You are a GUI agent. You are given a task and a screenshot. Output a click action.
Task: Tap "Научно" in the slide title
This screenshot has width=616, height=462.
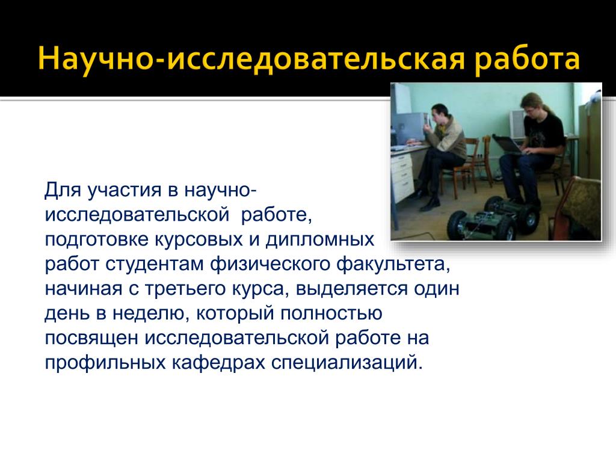point(95,60)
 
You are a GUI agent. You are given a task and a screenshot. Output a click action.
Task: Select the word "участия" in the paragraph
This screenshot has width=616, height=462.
point(125,191)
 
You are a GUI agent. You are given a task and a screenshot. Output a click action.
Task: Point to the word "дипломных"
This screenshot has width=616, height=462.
point(320,240)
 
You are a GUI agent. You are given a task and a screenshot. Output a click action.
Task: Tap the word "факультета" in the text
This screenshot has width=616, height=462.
point(391,264)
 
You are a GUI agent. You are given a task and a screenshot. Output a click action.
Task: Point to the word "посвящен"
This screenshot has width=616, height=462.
point(91,338)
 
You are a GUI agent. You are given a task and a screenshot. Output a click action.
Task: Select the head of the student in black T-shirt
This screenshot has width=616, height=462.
point(532,105)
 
